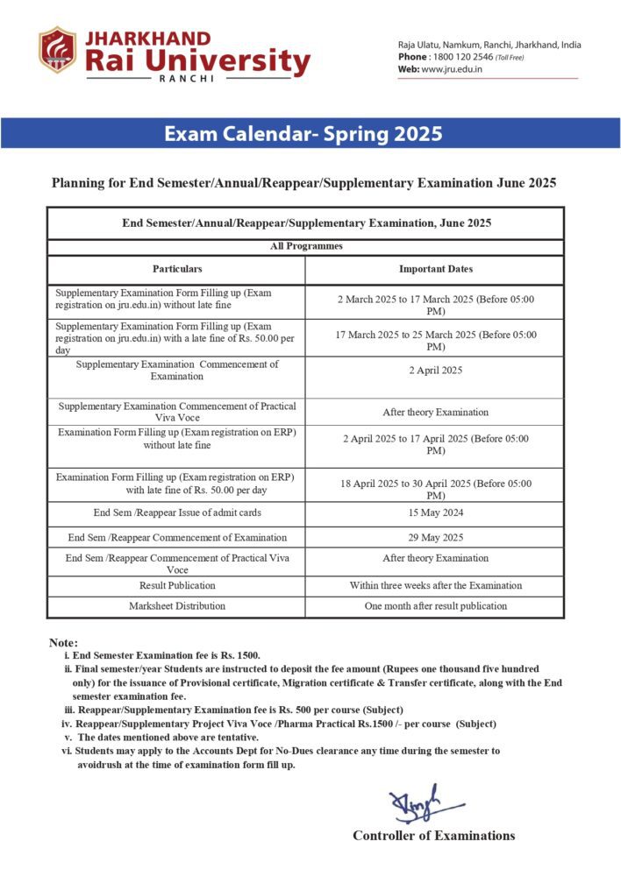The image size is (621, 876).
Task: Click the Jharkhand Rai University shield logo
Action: tap(57, 50)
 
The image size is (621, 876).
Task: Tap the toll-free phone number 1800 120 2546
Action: tap(460, 57)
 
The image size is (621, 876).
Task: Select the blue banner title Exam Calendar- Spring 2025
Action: tap(303, 134)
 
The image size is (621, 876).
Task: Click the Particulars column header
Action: tap(177, 269)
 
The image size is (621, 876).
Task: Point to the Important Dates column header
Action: tap(435, 269)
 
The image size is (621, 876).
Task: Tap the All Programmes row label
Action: tap(305, 247)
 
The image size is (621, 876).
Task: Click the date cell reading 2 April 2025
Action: tap(435, 370)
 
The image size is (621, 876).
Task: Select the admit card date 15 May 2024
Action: tap(435, 512)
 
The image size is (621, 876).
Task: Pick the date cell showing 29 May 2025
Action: tap(435, 537)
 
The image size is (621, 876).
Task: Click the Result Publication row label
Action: tap(177, 585)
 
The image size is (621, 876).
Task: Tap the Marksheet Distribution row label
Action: tap(177, 605)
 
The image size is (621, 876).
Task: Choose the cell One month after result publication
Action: tap(435, 605)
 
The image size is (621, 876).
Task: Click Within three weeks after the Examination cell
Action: tap(435, 585)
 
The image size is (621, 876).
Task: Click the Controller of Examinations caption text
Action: tap(433, 836)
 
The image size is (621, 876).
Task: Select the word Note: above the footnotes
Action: tap(64, 643)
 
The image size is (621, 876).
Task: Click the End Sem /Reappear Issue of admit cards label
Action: tap(177, 512)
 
